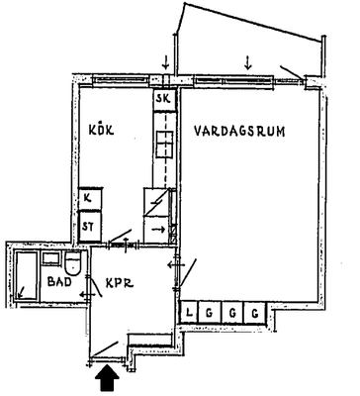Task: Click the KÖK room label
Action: click(101, 129)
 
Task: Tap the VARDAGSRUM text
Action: click(239, 131)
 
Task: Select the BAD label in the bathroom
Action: click(59, 282)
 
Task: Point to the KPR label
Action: click(120, 283)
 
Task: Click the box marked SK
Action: click(164, 99)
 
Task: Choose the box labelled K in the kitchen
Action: click(90, 199)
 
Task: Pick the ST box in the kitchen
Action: click(89, 227)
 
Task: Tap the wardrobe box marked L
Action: click(189, 312)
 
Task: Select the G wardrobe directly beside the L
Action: click(210, 312)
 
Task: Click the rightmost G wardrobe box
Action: click(254, 312)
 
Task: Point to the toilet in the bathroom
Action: click(72, 263)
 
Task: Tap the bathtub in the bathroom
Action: click(27, 276)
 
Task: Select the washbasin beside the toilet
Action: click(51, 258)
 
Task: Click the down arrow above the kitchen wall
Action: click(165, 61)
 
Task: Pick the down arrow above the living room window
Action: click(248, 61)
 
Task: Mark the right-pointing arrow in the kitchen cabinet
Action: click(159, 229)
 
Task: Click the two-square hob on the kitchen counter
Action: click(164, 144)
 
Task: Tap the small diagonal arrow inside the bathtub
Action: click(21, 292)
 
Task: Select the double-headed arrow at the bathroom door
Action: click(86, 294)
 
